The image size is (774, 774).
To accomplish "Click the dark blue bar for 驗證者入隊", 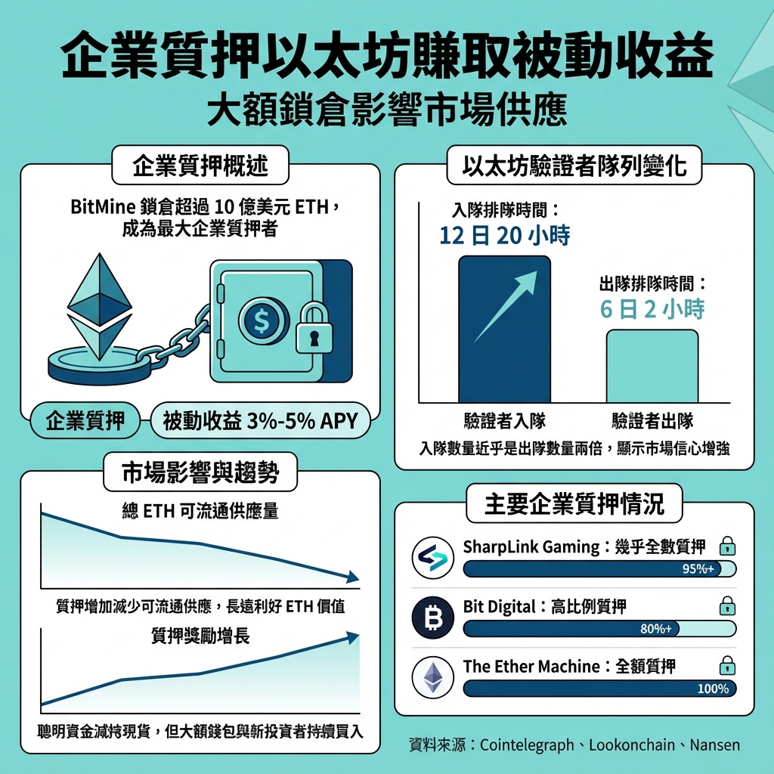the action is [504, 329].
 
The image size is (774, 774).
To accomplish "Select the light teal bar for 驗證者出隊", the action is [652, 366].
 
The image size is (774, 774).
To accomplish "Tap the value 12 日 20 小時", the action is [504, 236].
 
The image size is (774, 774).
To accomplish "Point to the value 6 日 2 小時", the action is [652, 309].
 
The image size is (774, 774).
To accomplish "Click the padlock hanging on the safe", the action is [314, 329].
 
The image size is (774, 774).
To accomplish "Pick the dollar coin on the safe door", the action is [262, 320].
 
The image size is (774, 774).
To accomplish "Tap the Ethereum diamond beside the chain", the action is [100, 306].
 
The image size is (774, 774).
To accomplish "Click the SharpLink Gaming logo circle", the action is [433, 558].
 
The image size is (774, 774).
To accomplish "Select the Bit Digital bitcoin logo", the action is [433, 618].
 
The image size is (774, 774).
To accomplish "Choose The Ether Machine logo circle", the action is [433, 677].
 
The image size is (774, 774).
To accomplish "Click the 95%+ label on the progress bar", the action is [698, 569].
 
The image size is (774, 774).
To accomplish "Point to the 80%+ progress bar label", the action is [655, 629].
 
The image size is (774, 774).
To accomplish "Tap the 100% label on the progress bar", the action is [713, 689].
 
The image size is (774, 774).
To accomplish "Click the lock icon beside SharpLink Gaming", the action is [727, 546].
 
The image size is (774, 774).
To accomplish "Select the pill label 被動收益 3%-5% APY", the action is [260, 421].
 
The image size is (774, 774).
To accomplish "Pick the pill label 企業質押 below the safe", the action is [85, 421].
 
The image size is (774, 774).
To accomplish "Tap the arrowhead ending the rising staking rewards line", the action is [352, 637].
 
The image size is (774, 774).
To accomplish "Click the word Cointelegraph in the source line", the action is [527, 745].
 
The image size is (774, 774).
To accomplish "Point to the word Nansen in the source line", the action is [714, 745].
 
